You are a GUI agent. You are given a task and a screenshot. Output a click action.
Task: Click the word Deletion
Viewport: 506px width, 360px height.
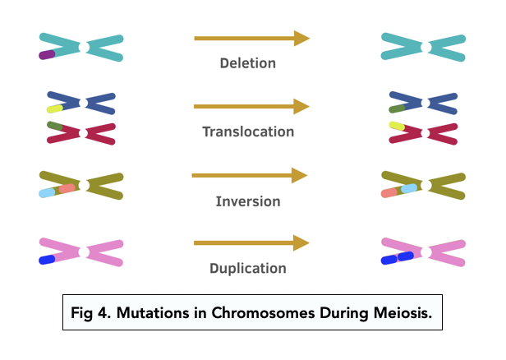click(248, 62)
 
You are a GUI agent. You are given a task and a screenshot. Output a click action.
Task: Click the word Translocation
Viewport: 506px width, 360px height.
click(248, 132)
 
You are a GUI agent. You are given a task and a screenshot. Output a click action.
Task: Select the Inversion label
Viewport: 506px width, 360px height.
click(248, 201)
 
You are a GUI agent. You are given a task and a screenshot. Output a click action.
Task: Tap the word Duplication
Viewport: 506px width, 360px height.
click(248, 268)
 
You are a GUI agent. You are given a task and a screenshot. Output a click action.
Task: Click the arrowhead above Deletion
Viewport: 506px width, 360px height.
click(301, 38)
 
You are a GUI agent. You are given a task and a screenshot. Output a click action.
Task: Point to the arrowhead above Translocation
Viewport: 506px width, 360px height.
click(301, 107)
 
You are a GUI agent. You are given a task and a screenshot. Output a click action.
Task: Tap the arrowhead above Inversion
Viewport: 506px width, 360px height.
click(300, 175)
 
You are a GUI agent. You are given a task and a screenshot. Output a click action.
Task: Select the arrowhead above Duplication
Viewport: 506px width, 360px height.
click(301, 242)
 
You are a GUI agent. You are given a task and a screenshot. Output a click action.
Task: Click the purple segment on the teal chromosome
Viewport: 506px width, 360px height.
click(47, 55)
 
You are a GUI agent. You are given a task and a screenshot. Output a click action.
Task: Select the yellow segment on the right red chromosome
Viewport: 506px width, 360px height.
click(397, 126)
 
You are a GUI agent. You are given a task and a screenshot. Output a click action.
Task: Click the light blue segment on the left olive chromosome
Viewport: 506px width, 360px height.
click(48, 192)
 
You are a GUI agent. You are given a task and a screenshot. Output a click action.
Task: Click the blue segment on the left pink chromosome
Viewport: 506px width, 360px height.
click(47, 260)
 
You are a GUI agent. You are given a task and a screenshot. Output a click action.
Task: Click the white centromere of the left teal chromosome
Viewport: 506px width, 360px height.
click(83, 47)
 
